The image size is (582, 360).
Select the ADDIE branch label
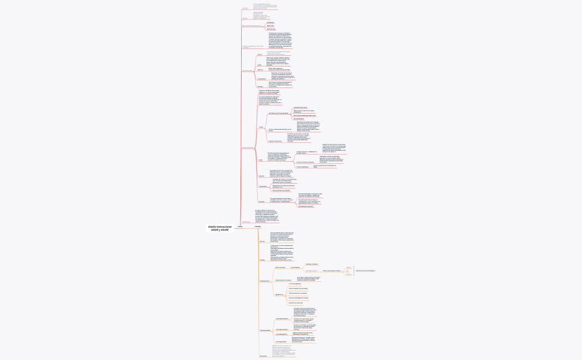(x=240, y=227)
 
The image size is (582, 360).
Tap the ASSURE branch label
(x=257, y=227)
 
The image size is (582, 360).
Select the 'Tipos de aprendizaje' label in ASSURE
(x=264, y=330)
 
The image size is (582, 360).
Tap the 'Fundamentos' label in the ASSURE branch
(x=264, y=281)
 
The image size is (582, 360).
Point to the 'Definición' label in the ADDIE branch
(x=245, y=8)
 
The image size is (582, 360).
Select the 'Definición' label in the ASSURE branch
(x=262, y=241)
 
